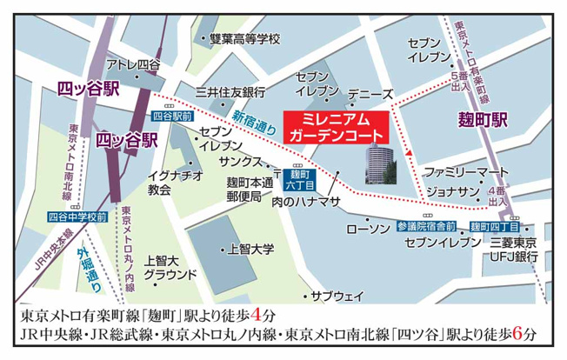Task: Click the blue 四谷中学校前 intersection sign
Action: (x=78, y=214)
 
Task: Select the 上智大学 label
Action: (x=250, y=249)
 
